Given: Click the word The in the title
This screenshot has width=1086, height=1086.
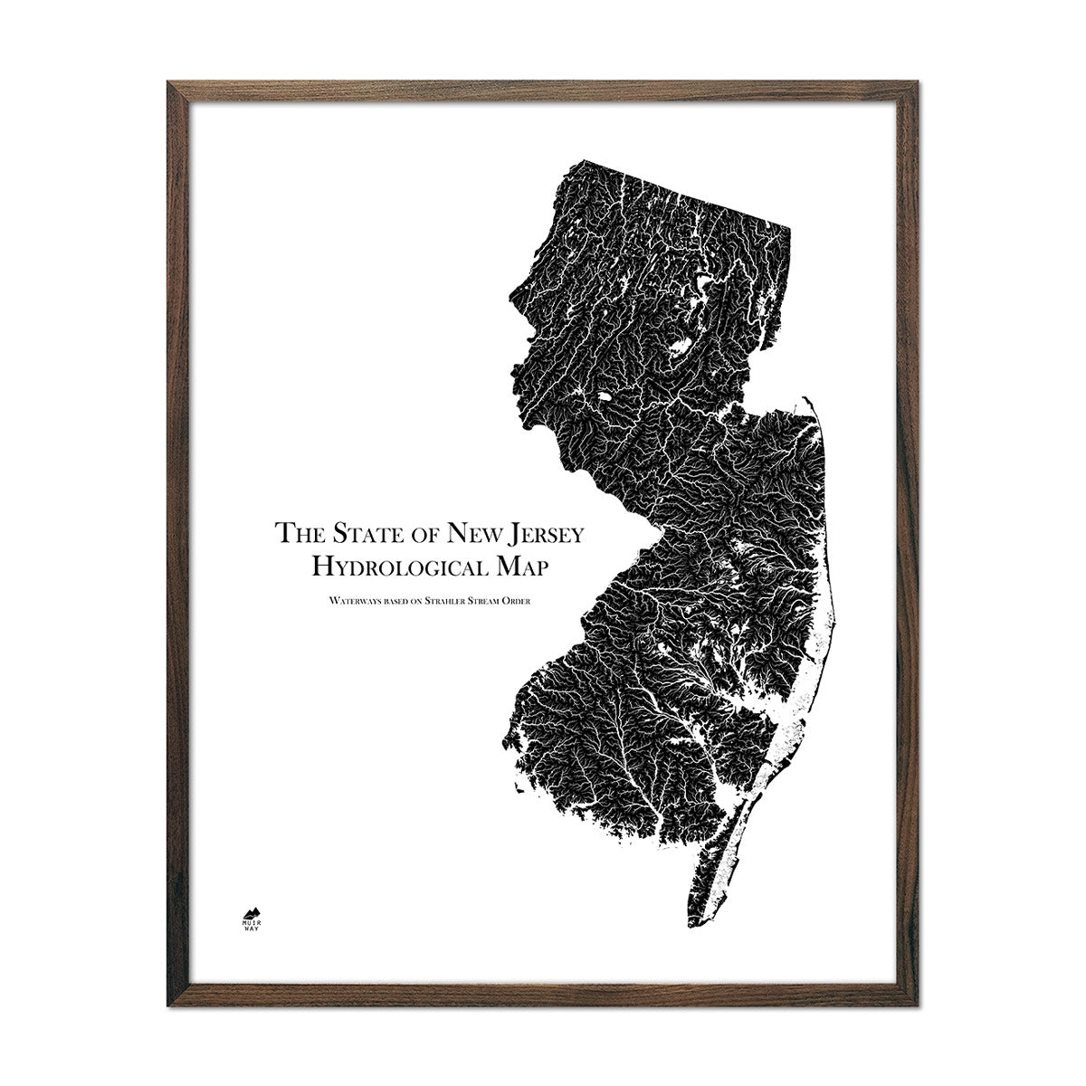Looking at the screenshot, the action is point(297,532).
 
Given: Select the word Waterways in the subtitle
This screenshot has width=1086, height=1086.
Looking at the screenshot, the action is point(344,600).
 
